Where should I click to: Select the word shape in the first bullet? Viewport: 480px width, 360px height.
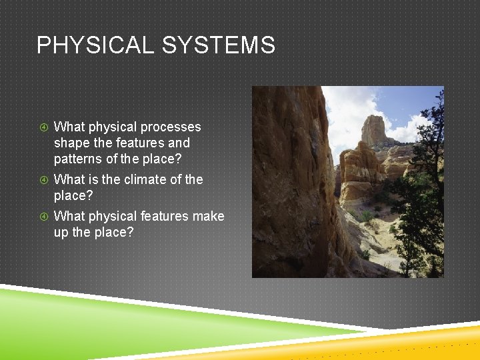(x=70, y=143)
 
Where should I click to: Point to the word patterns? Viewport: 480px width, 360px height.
(x=77, y=159)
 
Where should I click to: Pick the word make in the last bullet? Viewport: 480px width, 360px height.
(x=208, y=216)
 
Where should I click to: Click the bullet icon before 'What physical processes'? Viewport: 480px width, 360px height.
(x=43, y=127)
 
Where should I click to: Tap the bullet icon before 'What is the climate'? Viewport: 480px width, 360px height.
(x=43, y=179)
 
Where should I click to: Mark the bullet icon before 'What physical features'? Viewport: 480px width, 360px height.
(x=43, y=216)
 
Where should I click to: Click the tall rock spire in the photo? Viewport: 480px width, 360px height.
(x=373, y=130)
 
